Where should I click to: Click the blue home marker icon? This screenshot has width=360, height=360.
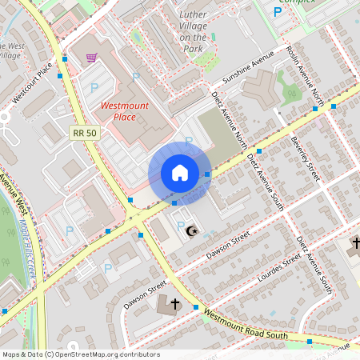180,173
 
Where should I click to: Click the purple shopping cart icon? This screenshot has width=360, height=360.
91,58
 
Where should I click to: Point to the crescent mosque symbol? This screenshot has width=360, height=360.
191,232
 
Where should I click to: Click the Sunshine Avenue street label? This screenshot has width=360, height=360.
248,68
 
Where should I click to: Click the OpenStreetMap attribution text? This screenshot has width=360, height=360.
80,354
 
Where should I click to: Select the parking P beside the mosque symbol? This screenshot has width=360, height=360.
179,226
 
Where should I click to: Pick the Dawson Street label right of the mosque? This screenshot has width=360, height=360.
228,243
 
